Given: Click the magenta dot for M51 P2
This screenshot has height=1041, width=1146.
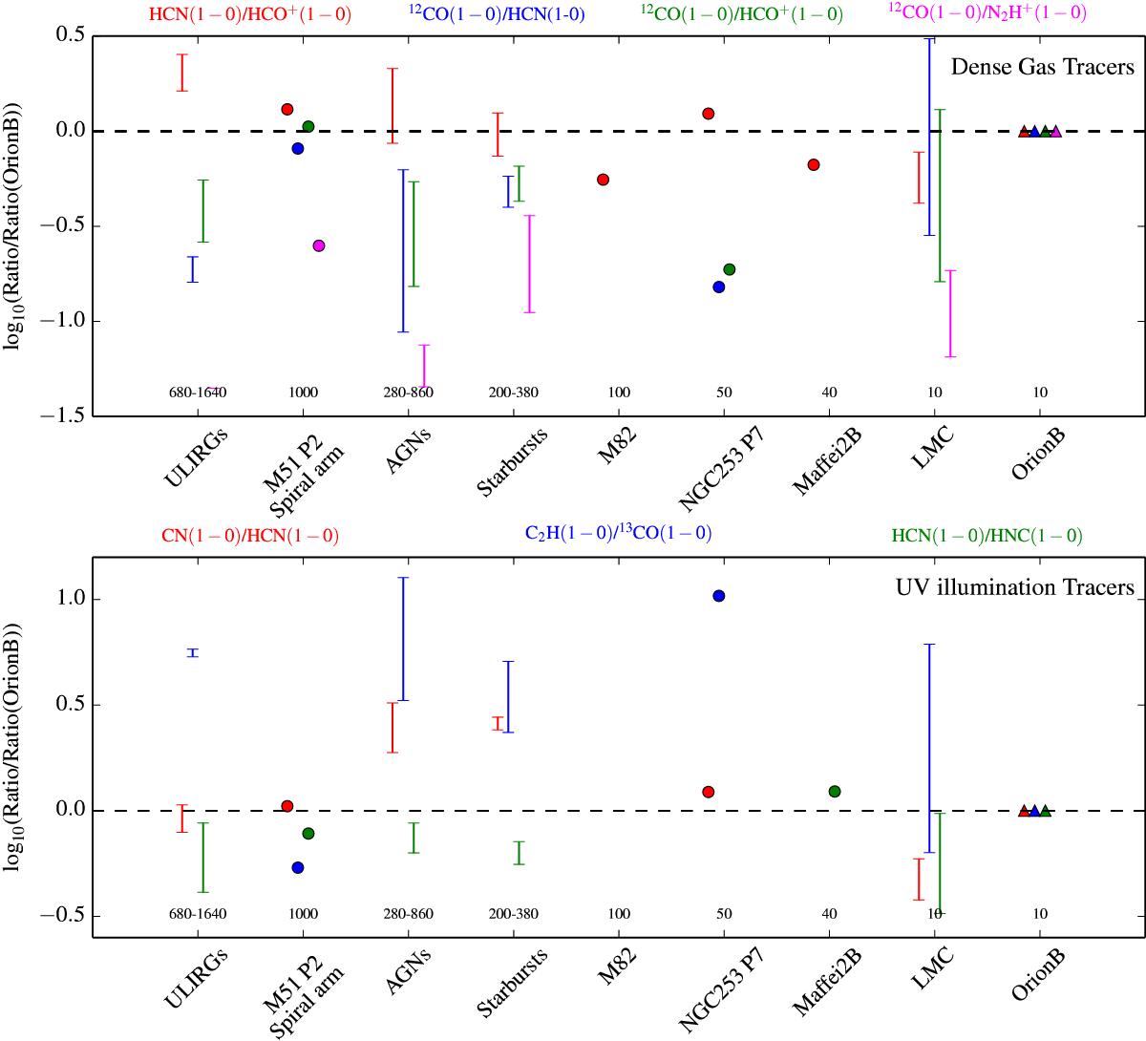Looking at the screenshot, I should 319,245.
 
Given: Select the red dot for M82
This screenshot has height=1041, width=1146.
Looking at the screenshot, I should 603,180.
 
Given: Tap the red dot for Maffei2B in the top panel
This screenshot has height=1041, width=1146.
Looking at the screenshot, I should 814,164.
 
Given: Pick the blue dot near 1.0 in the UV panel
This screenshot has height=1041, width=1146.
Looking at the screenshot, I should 719,596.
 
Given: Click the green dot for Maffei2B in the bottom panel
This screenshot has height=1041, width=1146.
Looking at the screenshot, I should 835,791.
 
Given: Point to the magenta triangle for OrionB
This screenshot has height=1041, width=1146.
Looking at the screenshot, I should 1055,131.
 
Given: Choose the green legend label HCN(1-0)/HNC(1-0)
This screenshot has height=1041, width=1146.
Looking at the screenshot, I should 987,537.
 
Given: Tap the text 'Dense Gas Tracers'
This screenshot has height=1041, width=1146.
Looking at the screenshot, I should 1042,67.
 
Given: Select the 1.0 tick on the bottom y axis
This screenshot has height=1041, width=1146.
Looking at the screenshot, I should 73,600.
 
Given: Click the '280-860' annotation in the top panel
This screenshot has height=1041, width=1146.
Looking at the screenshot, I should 408,393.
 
